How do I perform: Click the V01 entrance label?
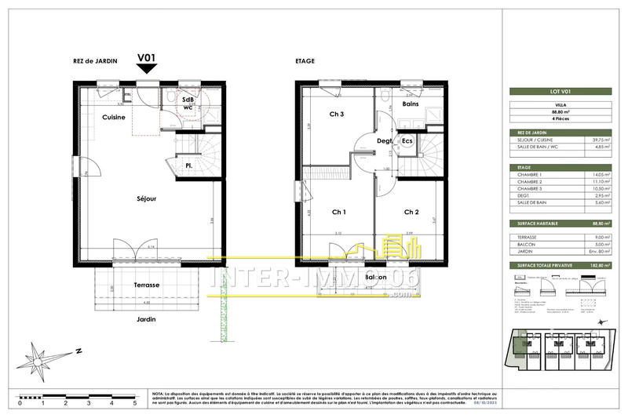pos(146,58)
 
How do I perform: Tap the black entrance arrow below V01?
pos(146,70)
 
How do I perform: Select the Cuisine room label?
pos(115,117)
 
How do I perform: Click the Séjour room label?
pos(146,198)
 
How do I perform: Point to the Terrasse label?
pos(146,285)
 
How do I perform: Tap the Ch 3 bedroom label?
pos(337,115)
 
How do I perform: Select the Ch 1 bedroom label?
pos(339,212)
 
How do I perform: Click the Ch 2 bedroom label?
pos(412,212)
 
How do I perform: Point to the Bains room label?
pos(410,104)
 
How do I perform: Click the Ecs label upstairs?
pos(407,141)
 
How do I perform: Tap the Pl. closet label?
pos(189,165)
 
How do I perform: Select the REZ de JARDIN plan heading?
pos(97,60)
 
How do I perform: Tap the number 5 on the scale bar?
pos(135,403)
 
